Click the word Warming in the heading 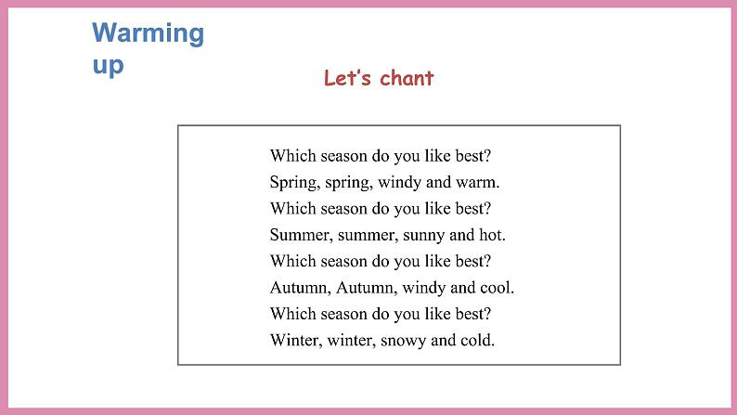click(148, 34)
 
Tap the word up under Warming click(108, 65)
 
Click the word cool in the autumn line click(496, 287)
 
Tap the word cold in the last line click(477, 340)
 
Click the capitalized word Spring click(293, 182)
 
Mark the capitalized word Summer click(300, 234)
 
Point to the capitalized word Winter click(295, 340)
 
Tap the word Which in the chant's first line click(290, 155)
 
